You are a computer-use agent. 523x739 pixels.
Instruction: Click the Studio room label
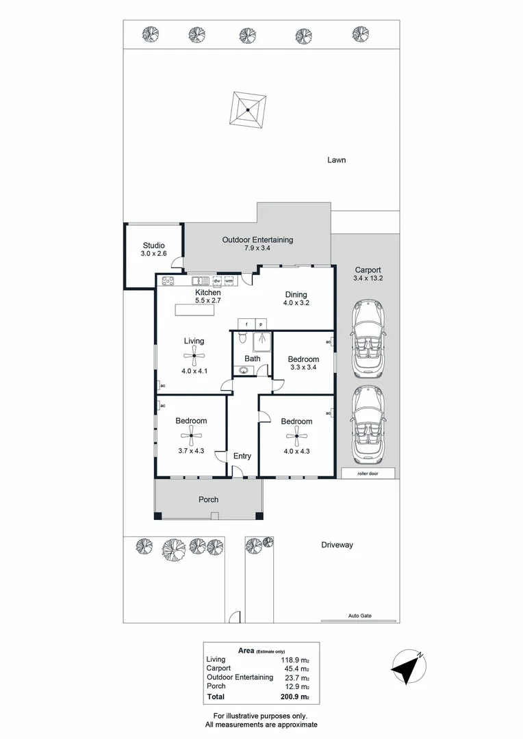tap(153, 246)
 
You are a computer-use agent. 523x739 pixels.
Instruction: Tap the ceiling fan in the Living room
tap(194, 355)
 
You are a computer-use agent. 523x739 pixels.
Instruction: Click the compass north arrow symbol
tap(409, 666)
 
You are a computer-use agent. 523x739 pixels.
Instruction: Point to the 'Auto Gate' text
tap(359, 615)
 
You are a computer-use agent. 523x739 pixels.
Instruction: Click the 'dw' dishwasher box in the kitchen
tap(217, 281)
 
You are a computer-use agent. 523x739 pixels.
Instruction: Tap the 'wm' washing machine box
tap(229, 281)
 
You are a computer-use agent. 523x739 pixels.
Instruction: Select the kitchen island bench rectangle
tap(195, 311)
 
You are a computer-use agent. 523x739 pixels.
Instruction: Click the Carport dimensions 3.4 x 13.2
tap(368, 278)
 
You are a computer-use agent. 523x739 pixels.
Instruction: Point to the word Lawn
tap(336, 160)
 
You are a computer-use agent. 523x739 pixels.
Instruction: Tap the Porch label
tap(208, 500)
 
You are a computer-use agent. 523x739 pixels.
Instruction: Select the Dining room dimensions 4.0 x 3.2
tap(296, 302)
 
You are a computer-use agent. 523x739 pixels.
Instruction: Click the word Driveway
tap(337, 545)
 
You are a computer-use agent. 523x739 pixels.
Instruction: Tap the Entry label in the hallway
tap(242, 456)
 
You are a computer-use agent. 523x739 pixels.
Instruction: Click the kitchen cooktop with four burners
tap(168, 281)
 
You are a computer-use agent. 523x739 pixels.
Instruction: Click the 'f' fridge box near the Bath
tap(246, 323)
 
